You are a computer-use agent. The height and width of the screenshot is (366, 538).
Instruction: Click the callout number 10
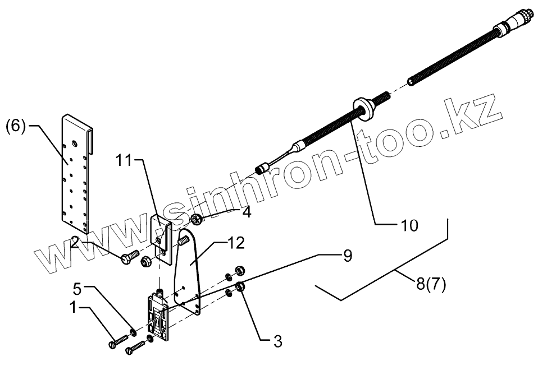tap(409, 225)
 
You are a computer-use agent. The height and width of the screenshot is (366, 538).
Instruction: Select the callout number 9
tap(347, 256)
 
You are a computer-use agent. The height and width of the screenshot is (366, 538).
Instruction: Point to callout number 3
tap(277, 340)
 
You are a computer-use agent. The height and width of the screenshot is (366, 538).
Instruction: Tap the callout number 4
tap(247, 212)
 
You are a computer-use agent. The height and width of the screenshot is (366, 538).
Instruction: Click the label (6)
tap(16, 126)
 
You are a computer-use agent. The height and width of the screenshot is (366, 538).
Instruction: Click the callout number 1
tap(74, 308)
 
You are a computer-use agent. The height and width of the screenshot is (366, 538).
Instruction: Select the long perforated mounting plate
tap(75, 171)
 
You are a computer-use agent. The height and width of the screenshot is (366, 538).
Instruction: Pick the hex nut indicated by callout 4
tap(197, 219)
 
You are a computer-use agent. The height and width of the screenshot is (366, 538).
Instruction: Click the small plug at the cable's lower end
tap(261, 168)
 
